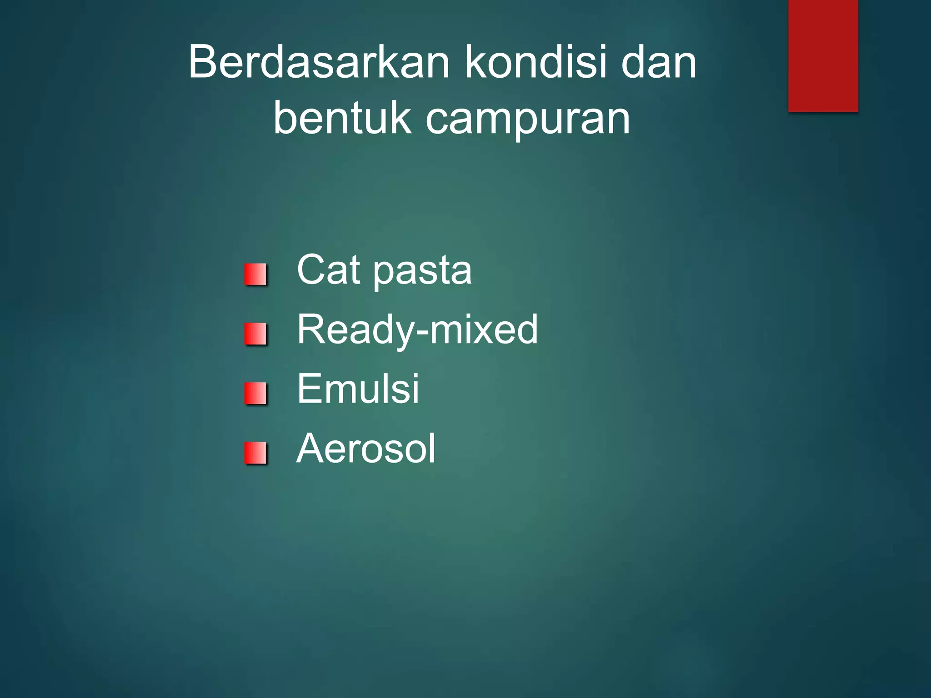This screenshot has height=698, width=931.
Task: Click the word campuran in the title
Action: (528, 119)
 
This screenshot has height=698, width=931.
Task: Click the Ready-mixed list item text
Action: (417, 329)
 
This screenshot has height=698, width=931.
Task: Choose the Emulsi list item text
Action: (358, 389)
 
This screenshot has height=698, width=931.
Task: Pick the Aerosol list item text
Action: (366, 449)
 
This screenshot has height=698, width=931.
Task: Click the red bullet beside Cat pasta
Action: (255, 274)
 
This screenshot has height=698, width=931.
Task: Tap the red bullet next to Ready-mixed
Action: (255, 334)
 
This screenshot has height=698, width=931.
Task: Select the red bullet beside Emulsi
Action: (255, 393)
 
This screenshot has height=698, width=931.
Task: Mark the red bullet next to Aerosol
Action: (255, 453)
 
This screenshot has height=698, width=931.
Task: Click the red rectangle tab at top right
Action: (823, 55)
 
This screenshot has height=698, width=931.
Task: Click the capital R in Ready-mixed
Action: (311, 329)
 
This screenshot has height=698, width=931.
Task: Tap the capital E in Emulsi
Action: (309, 389)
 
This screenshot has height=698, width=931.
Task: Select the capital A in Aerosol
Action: (311, 449)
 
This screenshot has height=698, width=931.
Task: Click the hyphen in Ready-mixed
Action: (422, 333)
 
